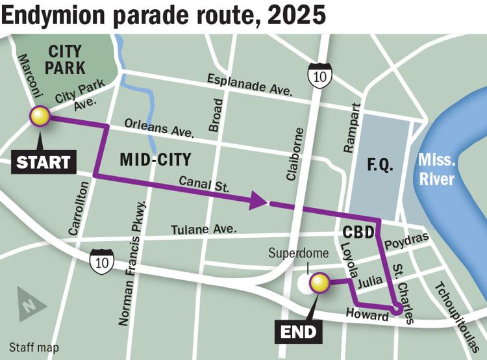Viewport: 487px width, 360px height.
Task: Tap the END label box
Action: click(x=300, y=332)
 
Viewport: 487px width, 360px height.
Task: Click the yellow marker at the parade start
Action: click(x=40, y=116)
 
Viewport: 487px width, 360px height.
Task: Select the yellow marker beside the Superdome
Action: click(x=319, y=283)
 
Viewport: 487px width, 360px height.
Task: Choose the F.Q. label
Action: click(x=380, y=165)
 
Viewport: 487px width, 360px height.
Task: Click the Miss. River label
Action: click(x=436, y=169)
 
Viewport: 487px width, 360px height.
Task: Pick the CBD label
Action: click(x=357, y=231)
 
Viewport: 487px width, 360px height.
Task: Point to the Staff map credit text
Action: click(x=34, y=348)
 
